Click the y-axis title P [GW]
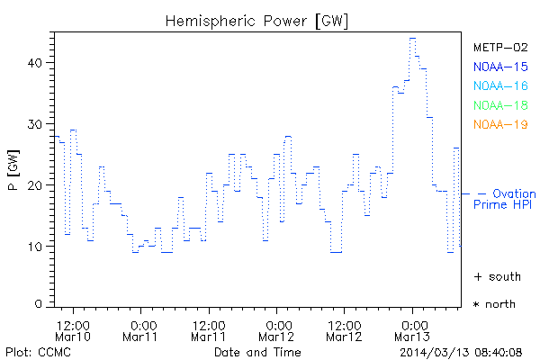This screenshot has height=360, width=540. point(13,171)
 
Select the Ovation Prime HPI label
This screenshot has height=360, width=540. point(506,199)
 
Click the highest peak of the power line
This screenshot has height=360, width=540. point(412,39)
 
